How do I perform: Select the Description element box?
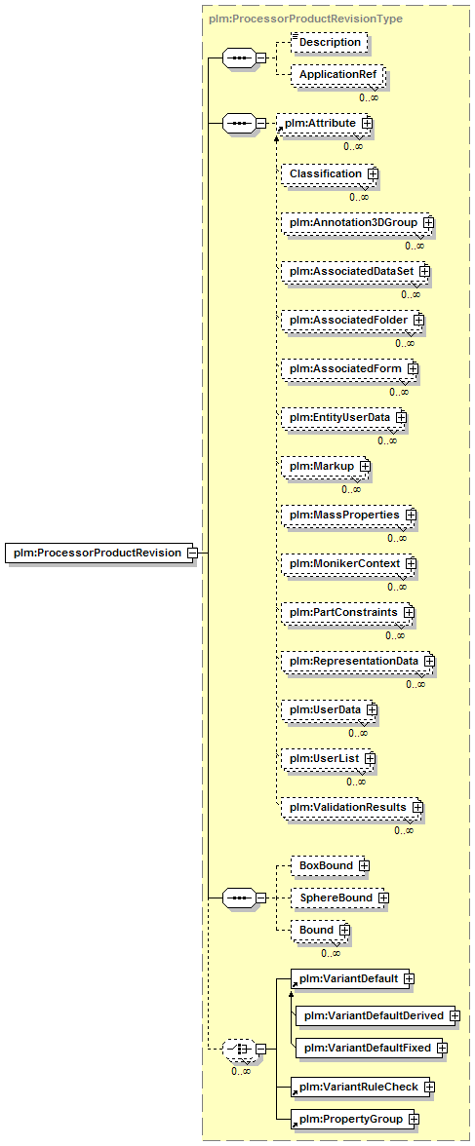329,43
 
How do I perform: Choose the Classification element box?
330,173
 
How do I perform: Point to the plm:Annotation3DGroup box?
358,222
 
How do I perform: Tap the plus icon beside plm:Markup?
364,466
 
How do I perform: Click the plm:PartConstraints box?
348,611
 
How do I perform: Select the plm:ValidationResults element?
353,806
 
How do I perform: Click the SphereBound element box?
338,897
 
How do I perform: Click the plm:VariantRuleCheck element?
362,1087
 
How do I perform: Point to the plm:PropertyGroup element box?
355,1119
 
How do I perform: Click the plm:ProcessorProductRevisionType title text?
305,19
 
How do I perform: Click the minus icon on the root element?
192,553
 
